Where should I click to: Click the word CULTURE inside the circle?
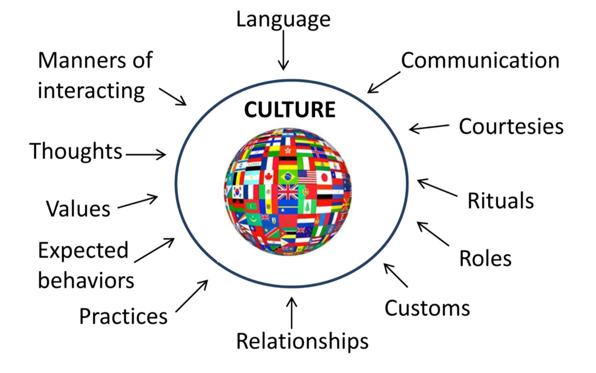[x=290, y=109]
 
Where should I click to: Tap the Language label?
[x=283, y=20]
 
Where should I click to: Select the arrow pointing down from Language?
[x=283, y=50]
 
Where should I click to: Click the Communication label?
[x=480, y=61]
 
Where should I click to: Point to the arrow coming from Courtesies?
[x=429, y=128]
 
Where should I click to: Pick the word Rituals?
[x=501, y=201]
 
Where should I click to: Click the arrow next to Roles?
[x=433, y=234]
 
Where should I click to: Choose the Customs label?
[x=427, y=308]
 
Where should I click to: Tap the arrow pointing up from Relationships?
[x=291, y=313]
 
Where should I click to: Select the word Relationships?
[x=302, y=341]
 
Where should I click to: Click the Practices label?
[x=123, y=316]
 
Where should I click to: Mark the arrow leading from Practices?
[x=192, y=296]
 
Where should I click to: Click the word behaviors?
[x=86, y=281]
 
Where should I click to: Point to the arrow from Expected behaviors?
[x=155, y=250]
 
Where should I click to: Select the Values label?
[x=78, y=209]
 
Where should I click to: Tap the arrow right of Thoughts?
[x=146, y=155]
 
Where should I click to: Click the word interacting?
[x=91, y=91]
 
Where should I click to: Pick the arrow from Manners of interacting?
[x=173, y=97]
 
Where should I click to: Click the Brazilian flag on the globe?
[x=288, y=177]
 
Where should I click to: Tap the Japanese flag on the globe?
[x=324, y=177]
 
